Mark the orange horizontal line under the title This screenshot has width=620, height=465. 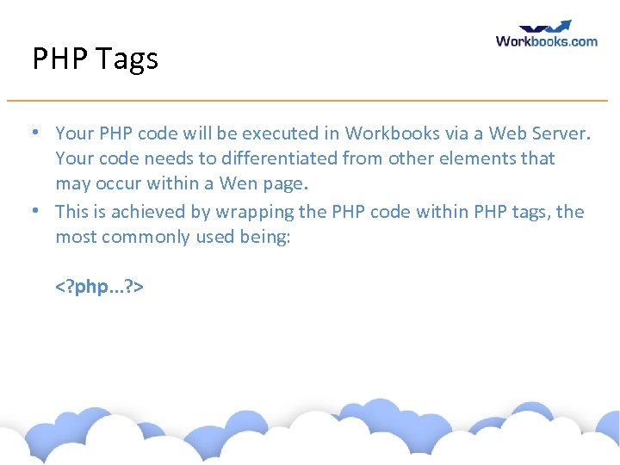[x=319, y=101]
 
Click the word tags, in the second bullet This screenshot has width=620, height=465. [x=530, y=212]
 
